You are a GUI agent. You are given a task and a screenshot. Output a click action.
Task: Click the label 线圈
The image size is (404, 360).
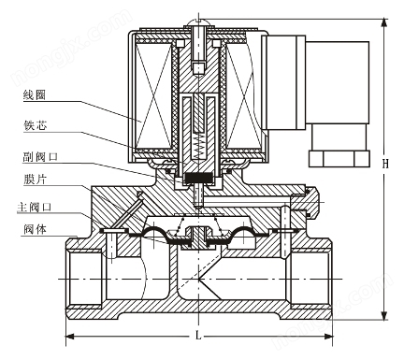coord(35,94)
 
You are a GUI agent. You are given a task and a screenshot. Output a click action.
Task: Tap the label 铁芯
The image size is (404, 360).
coord(35,125)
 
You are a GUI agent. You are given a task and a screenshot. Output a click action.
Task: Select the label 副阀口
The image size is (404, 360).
coord(40,156)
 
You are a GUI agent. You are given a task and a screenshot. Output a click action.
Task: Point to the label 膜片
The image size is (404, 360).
coord(35,180)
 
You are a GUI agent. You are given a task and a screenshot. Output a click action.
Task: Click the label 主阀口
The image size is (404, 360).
coord(35,207)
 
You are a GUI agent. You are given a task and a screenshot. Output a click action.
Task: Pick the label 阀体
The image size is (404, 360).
coord(35,229)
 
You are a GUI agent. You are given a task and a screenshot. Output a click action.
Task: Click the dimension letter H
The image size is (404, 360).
coord(385,164)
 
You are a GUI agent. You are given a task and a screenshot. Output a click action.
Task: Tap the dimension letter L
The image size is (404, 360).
coord(198,336)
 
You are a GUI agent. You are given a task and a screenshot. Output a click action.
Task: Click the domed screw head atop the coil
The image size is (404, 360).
coord(198,22)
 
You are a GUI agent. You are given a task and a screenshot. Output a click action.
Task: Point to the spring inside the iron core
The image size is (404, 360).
coord(198,145)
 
